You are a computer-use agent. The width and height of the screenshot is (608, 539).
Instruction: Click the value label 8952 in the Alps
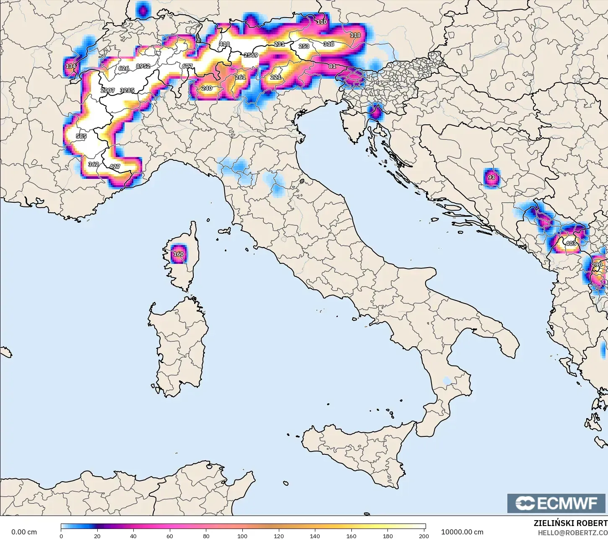[143, 66]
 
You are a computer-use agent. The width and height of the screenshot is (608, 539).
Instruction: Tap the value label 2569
[251, 55]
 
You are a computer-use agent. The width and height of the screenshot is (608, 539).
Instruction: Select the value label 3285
[127, 90]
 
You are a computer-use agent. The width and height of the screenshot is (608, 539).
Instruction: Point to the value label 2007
[108, 90]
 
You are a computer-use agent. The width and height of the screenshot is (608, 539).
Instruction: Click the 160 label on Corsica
[179, 254]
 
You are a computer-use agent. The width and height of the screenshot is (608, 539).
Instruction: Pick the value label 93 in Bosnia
[491, 178]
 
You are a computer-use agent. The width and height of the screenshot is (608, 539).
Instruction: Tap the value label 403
[571, 243]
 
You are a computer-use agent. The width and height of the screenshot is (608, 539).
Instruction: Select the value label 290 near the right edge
[597, 265]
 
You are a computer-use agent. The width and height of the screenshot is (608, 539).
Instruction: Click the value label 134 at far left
[71, 66]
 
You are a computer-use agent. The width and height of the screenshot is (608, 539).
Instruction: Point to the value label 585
[81, 137]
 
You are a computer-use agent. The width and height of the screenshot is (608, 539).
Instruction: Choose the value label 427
[114, 167]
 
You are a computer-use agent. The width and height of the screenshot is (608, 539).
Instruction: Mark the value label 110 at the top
[322, 22]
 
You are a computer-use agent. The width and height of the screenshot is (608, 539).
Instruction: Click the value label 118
[355, 35]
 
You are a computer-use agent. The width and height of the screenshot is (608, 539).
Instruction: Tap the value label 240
[207, 88]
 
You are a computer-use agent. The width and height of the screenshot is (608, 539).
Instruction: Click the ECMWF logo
[556, 503]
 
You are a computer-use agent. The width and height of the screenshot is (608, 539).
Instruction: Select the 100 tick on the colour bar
[242, 536]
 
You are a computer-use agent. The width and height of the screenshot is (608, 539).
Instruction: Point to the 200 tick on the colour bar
[424, 536]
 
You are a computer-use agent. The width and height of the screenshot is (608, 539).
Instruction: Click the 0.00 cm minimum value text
[24, 532]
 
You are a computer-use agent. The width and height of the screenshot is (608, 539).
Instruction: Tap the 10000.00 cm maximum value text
[462, 532]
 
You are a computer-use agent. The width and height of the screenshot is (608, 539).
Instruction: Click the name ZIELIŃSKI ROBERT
[570, 523]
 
